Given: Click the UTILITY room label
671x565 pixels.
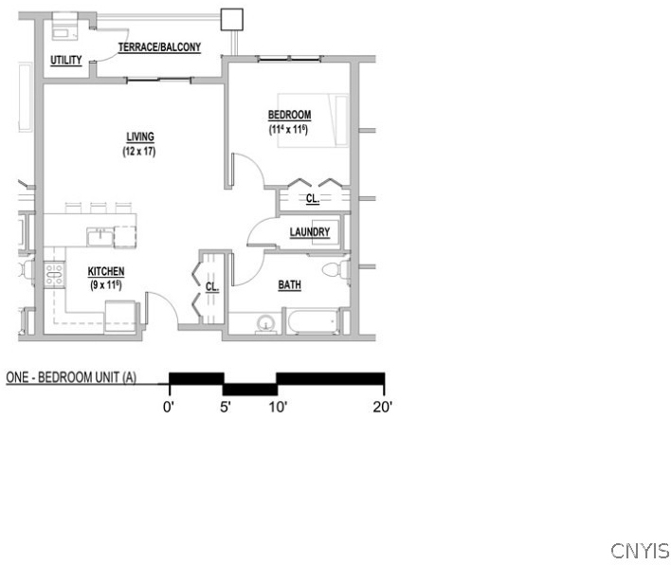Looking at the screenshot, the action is coord(66,60).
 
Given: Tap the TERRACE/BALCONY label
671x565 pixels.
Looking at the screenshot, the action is coord(159,47).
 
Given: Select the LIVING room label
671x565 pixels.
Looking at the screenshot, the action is coord(140,137).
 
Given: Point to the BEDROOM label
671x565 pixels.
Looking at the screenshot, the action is coord(289,115).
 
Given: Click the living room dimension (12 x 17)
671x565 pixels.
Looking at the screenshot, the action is coord(139,151).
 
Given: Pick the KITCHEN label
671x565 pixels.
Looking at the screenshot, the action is coord(106,271).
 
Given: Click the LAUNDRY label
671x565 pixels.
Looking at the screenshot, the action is coord(310,232).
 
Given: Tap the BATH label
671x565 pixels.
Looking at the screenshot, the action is coord(290,284).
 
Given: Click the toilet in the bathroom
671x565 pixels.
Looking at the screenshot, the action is coord(336,269).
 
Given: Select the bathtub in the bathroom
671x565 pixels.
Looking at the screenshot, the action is coord(314,321).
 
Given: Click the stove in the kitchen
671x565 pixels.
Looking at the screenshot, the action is coord(54,274).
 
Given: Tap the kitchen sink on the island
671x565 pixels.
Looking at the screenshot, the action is coord(100,237).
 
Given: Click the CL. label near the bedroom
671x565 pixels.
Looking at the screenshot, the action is coord(313,199).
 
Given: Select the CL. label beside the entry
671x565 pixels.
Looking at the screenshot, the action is coord(212,286).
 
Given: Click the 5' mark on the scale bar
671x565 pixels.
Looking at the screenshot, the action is coord(226,407).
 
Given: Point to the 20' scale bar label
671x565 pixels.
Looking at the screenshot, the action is coord(383,407).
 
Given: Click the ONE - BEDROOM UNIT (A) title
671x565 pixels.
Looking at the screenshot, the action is coord(71,377).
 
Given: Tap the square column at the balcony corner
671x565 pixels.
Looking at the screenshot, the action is coord(232,20).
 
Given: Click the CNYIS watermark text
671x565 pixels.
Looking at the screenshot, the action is coord(640,551).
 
